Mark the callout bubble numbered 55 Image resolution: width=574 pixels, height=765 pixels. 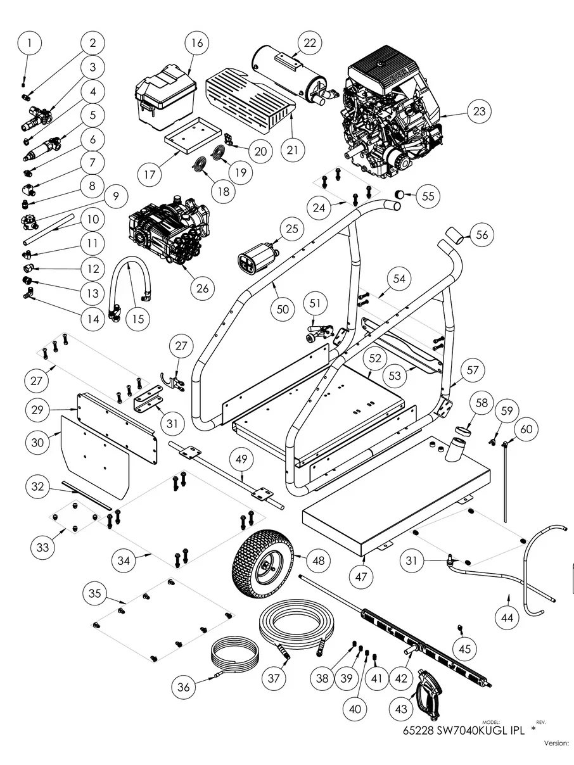[428, 196]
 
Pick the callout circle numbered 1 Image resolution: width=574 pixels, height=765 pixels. [29, 44]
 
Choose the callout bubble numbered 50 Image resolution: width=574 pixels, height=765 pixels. [283, 309]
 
